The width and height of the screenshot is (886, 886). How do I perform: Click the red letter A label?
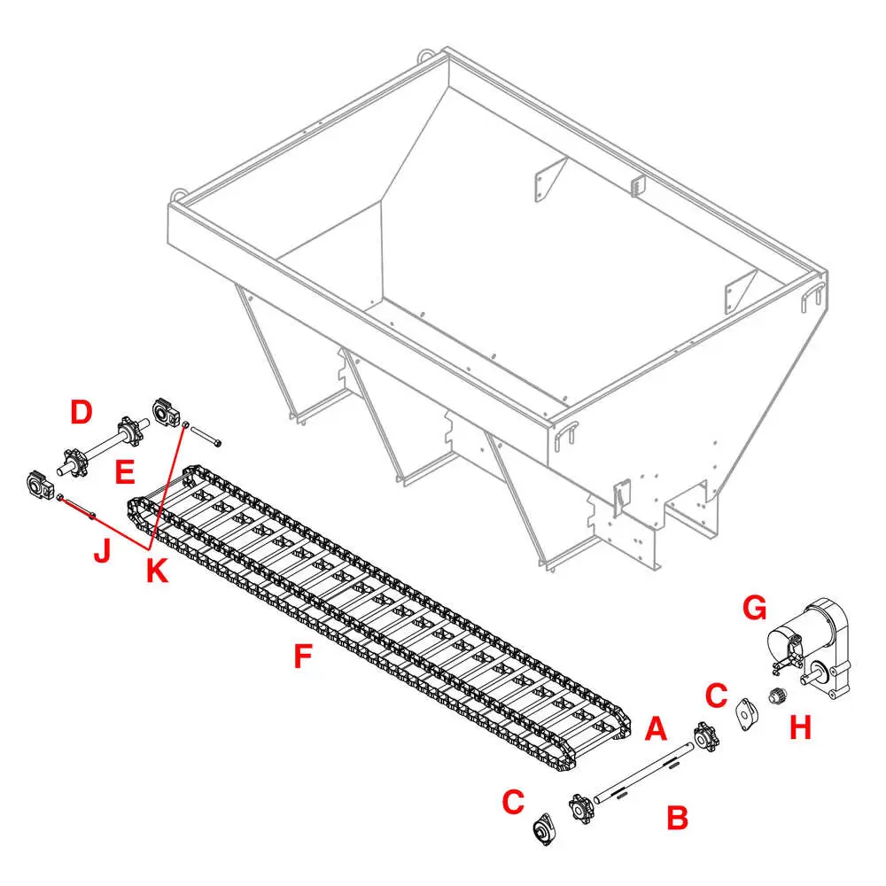click(x=656, y=728)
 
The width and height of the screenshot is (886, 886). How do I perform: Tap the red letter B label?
click(x=678, y=817)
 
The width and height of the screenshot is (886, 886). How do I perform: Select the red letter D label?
click(x=82, y=412)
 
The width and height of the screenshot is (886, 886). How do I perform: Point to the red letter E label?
click(x=125, y=472)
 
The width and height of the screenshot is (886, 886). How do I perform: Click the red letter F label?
click(x=303, y=656)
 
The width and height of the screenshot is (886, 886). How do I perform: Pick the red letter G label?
click(x=754, y=608)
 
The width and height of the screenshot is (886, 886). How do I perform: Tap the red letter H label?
click(x=800, y=727)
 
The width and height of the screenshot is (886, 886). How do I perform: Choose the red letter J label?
click(x=102, y=551)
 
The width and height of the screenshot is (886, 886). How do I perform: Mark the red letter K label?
click(x=157, y=570)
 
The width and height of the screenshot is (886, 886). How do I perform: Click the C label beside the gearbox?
click(x=716, y=695)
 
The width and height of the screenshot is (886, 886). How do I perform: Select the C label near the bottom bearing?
click(x=513, y=802)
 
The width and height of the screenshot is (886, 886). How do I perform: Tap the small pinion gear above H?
click(x=779, y=696)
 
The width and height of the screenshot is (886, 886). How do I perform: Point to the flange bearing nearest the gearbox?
click(x=747, y=713)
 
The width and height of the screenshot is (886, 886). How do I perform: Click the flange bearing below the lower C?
click(x=545, y=829)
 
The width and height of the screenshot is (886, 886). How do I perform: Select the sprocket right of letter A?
click(x=705, y=736)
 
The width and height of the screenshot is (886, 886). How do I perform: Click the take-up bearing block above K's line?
click(x=167, y=414)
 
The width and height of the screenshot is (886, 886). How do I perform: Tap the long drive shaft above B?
click(x=643, y=773)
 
